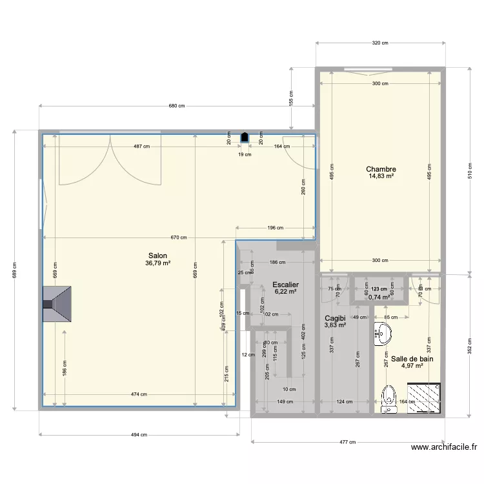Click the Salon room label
(x=157, y=255)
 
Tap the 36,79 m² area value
(x=157, y=263)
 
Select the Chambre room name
(x=380, y=170)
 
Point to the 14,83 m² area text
(x=380, y=176)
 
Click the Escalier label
(x=285, y=284)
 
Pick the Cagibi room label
(x=335, y=318)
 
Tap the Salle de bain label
(x=412, y=359)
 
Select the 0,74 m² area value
(x=379, y=297)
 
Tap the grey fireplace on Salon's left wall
(x=57, y=305)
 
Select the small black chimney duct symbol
(x=245, y=137)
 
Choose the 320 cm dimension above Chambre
(x=380, y=43)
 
